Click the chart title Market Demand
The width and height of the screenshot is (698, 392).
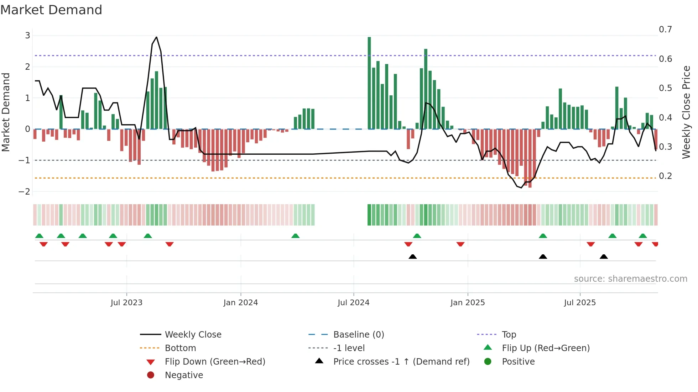coord(51,10)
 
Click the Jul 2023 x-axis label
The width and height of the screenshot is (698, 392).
coord(126,303)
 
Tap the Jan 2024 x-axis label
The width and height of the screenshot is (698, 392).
coord(240,303)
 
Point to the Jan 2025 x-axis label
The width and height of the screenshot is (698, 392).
coord(467,303)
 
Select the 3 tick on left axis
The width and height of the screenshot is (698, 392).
coord(27,36)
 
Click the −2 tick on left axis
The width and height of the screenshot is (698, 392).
coord(25,192)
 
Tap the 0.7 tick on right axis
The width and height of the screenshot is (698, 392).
coord(665,30)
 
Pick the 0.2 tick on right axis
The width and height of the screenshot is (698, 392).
coord(665,176)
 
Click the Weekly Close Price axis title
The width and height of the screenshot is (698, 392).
coord(686,112)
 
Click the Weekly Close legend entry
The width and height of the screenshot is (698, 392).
coord(193,335)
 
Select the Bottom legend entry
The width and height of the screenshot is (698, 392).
coord(180,348)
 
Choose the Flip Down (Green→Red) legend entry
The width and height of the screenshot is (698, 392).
coord(215,362)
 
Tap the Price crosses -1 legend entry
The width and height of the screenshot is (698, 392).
coord(401,362)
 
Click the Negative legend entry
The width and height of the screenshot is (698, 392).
coord(184,375)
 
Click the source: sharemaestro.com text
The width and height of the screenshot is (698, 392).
coord(630,279)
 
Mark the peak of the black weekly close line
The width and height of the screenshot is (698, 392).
coord(156,37)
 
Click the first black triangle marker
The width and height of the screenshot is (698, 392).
coord(412,256)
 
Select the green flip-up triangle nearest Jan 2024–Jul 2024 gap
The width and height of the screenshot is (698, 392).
coord(295,236)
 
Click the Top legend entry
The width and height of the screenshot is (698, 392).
coord(509,335)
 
